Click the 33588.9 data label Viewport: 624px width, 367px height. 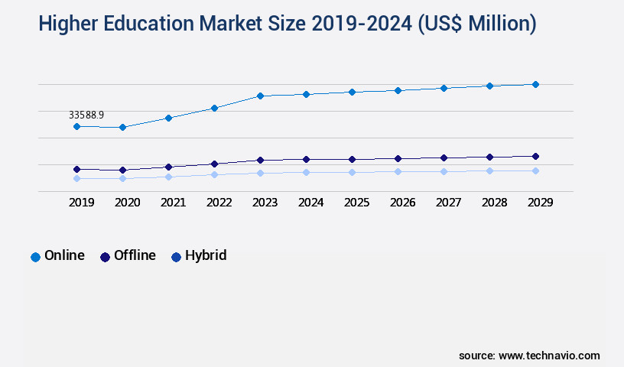pos(86,115)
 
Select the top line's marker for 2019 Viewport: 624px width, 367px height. pos(76,126)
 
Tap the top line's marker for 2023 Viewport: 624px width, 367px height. pos(260,96)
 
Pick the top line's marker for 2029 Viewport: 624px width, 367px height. pos(535,84)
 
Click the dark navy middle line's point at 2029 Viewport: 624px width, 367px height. pos(535,156)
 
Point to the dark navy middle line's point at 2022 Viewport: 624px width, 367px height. pos(214,164)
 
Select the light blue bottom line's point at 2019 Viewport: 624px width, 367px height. pos(76,178)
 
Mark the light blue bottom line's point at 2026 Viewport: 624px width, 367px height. pos(398,171)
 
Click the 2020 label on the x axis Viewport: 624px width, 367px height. pos(127,203)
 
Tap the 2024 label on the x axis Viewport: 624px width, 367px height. pos(310,203)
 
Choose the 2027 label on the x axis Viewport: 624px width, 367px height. pos(448,203)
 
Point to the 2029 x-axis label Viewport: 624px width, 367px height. pos(540,203)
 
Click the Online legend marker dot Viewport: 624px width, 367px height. pos(35,257)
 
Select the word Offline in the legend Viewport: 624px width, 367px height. pos(135,255)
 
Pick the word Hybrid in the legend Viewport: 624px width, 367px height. pos(206,255)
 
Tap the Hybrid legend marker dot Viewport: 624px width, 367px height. pos(176,257)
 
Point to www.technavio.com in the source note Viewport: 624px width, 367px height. pos(549,356)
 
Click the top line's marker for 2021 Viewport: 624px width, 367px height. pos(168,118)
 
